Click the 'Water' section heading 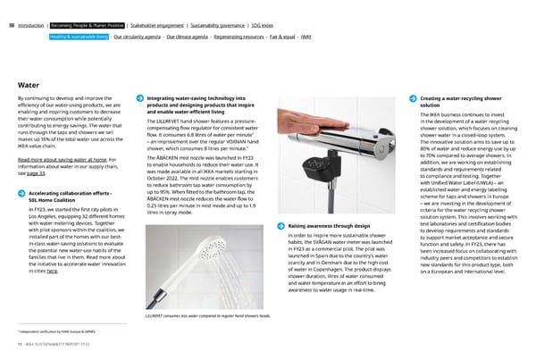pyautogui.click(x=28, y=85)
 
